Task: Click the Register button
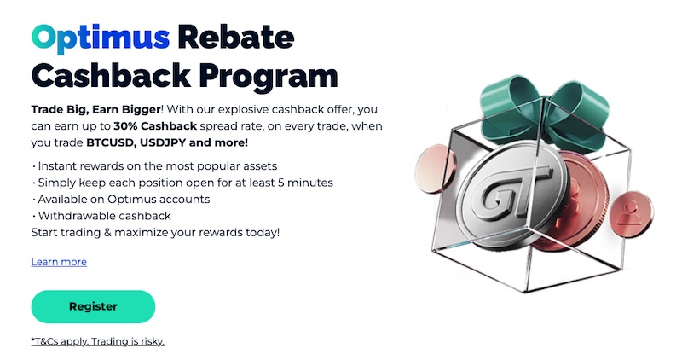coord(93,307)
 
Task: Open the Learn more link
coord(59,262)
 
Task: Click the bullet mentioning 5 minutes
coord(184,183)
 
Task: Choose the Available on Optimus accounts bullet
coord(124,199)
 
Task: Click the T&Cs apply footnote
coord(97,341)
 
